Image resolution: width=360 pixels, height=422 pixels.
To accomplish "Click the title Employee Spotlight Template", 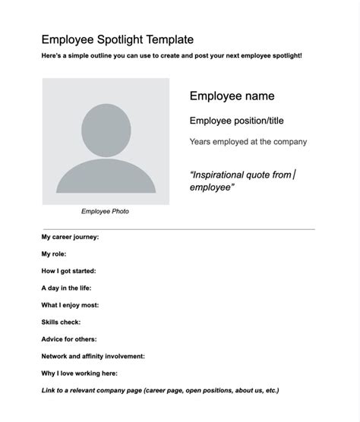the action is point(117,39).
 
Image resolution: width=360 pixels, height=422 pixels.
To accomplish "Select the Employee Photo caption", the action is point(105,211).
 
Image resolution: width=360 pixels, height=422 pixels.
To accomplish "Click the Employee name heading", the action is point(232,96).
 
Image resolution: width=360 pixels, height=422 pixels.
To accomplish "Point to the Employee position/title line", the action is point(236,121).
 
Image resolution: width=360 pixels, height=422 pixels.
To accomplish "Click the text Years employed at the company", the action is point(248,142).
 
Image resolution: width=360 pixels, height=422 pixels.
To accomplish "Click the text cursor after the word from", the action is point(294,175).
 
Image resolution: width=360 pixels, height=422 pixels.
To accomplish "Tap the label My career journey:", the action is point(70,237).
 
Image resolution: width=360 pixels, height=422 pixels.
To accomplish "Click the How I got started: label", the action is point(68,271).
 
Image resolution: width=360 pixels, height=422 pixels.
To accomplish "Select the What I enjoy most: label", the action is point(70,305).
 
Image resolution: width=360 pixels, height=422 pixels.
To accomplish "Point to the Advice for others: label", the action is point(68,339).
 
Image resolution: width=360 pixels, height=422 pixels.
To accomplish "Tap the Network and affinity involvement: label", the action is point(93,356).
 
